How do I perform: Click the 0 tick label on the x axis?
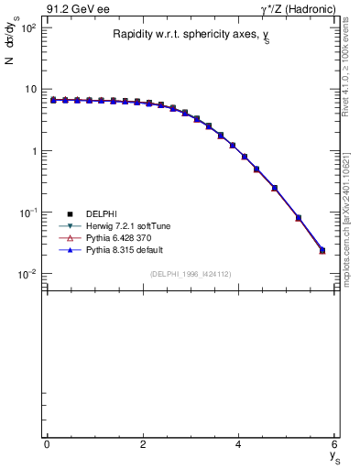click(47, 444)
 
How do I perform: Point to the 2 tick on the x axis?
click(143, 444)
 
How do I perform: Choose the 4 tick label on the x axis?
click(239, 444)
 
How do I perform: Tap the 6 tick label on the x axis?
click(335, 444)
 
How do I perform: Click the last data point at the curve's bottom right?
click(322, 249)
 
